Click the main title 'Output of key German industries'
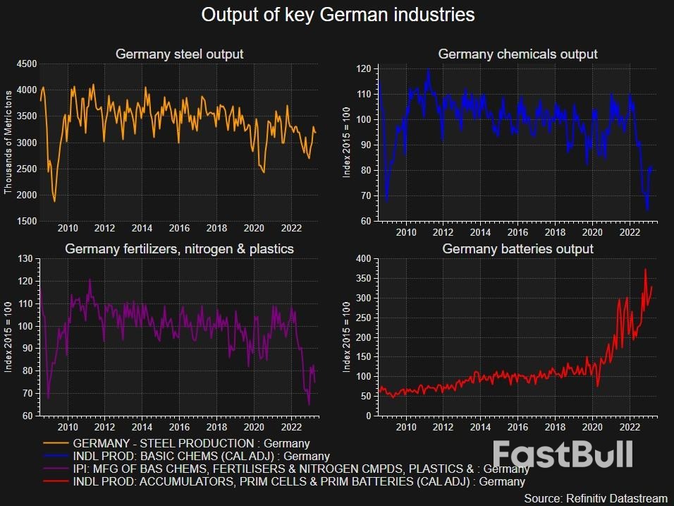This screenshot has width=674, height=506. pyautogui.click(x=338, y=15)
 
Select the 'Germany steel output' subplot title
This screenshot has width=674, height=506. pyautogui.click(x=179, y=54)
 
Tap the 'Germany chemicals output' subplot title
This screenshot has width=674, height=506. pyautogui.click(x=517, y=54)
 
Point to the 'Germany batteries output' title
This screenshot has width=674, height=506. pyautogui.click(x=517, y=249)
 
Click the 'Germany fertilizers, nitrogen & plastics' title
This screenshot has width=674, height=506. pyautogui.click(x=179, y=249)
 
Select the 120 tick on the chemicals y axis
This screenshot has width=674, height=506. pyautogui.click(x=364, y=69)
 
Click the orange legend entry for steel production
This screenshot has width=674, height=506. pyautogui.click(x=190, y=444)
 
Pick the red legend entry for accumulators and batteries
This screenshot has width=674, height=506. pyautogui.click(x=299, y=482)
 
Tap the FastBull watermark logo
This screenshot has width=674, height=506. pyautogui.click(x=562, y=454)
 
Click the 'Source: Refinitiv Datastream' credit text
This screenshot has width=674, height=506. pyautogui.click(x=596, y=498)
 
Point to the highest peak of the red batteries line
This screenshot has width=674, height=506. pyautogui.click(x=645, y=269)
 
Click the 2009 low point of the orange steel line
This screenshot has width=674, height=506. pyautogui.click(x=54, y=201)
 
